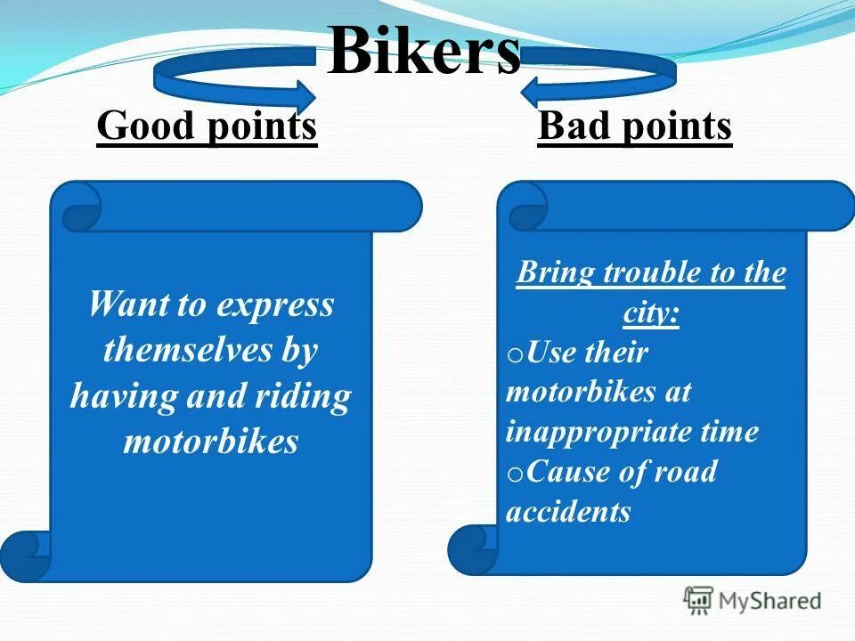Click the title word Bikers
coord(424,52)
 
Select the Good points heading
coord(207,126)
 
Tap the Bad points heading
coord(635,126)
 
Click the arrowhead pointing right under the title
coord(303,94)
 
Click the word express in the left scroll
coord(275,304)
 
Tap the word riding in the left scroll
coord(303,396)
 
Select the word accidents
coord(568,511)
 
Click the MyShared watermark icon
coord(698,601)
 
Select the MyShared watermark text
coord(770,601)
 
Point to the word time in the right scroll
coord(728,432)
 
